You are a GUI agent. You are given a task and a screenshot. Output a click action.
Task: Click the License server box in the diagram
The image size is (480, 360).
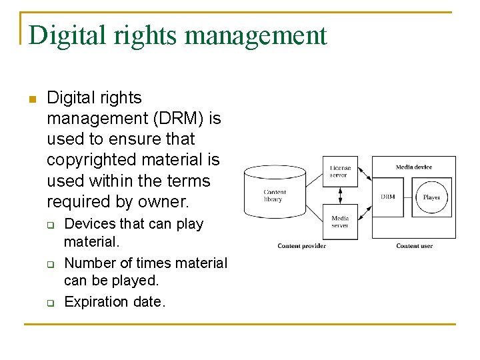(340, 171)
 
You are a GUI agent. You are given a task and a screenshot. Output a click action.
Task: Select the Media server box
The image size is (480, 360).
(340, 221)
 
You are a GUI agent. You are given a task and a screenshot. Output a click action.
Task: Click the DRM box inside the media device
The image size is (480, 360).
(387, 197)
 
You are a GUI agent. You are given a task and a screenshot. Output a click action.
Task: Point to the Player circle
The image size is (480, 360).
(431, 197)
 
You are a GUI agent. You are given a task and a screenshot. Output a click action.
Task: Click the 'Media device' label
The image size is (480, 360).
(413, 167)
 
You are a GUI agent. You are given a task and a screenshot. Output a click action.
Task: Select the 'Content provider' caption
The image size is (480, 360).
(301, 246)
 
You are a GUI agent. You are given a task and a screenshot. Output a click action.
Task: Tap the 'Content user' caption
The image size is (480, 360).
(414, 246)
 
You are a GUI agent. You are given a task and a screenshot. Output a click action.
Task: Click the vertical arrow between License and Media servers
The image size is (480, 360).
(340, 196)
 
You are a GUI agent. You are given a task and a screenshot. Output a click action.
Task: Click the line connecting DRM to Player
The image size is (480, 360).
(409, 197)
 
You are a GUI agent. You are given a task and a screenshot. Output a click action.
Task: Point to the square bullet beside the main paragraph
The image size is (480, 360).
(31, 99)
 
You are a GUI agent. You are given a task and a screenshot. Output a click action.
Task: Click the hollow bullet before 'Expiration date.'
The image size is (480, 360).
(50, 303)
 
